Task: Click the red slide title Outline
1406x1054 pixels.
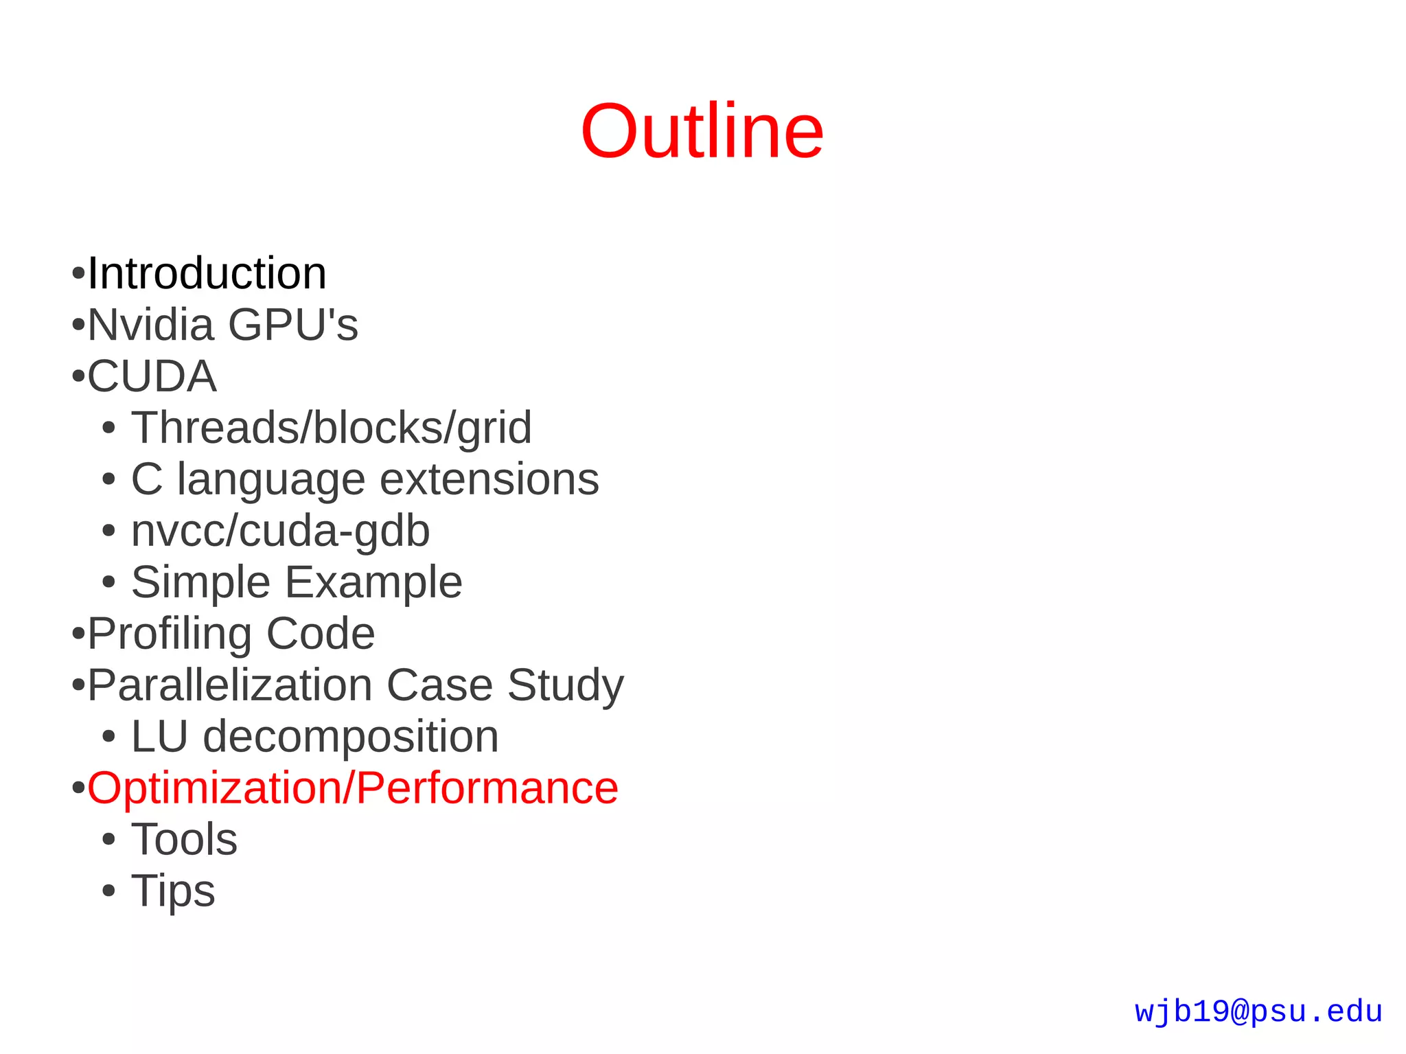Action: tap(702, 131)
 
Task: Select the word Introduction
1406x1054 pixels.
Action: tap(207, 273)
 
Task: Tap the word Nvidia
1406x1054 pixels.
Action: tap(150, 325)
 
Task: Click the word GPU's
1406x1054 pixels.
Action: tap(293, 325)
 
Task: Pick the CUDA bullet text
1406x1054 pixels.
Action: tap(152, 376)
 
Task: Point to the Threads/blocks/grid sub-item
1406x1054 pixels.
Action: tap(331, 428)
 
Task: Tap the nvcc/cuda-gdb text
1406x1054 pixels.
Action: tap(280, 531)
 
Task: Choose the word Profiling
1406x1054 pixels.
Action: tap(169, 634)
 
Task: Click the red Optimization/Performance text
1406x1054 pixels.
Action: tap(352, 788)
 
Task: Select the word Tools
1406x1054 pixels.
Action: tap(184, 839)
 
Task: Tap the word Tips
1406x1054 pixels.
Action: tap(173, 891)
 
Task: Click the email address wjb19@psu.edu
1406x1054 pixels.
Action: tap(1258, 1012)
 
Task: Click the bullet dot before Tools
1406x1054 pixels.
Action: tap(108, 840)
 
